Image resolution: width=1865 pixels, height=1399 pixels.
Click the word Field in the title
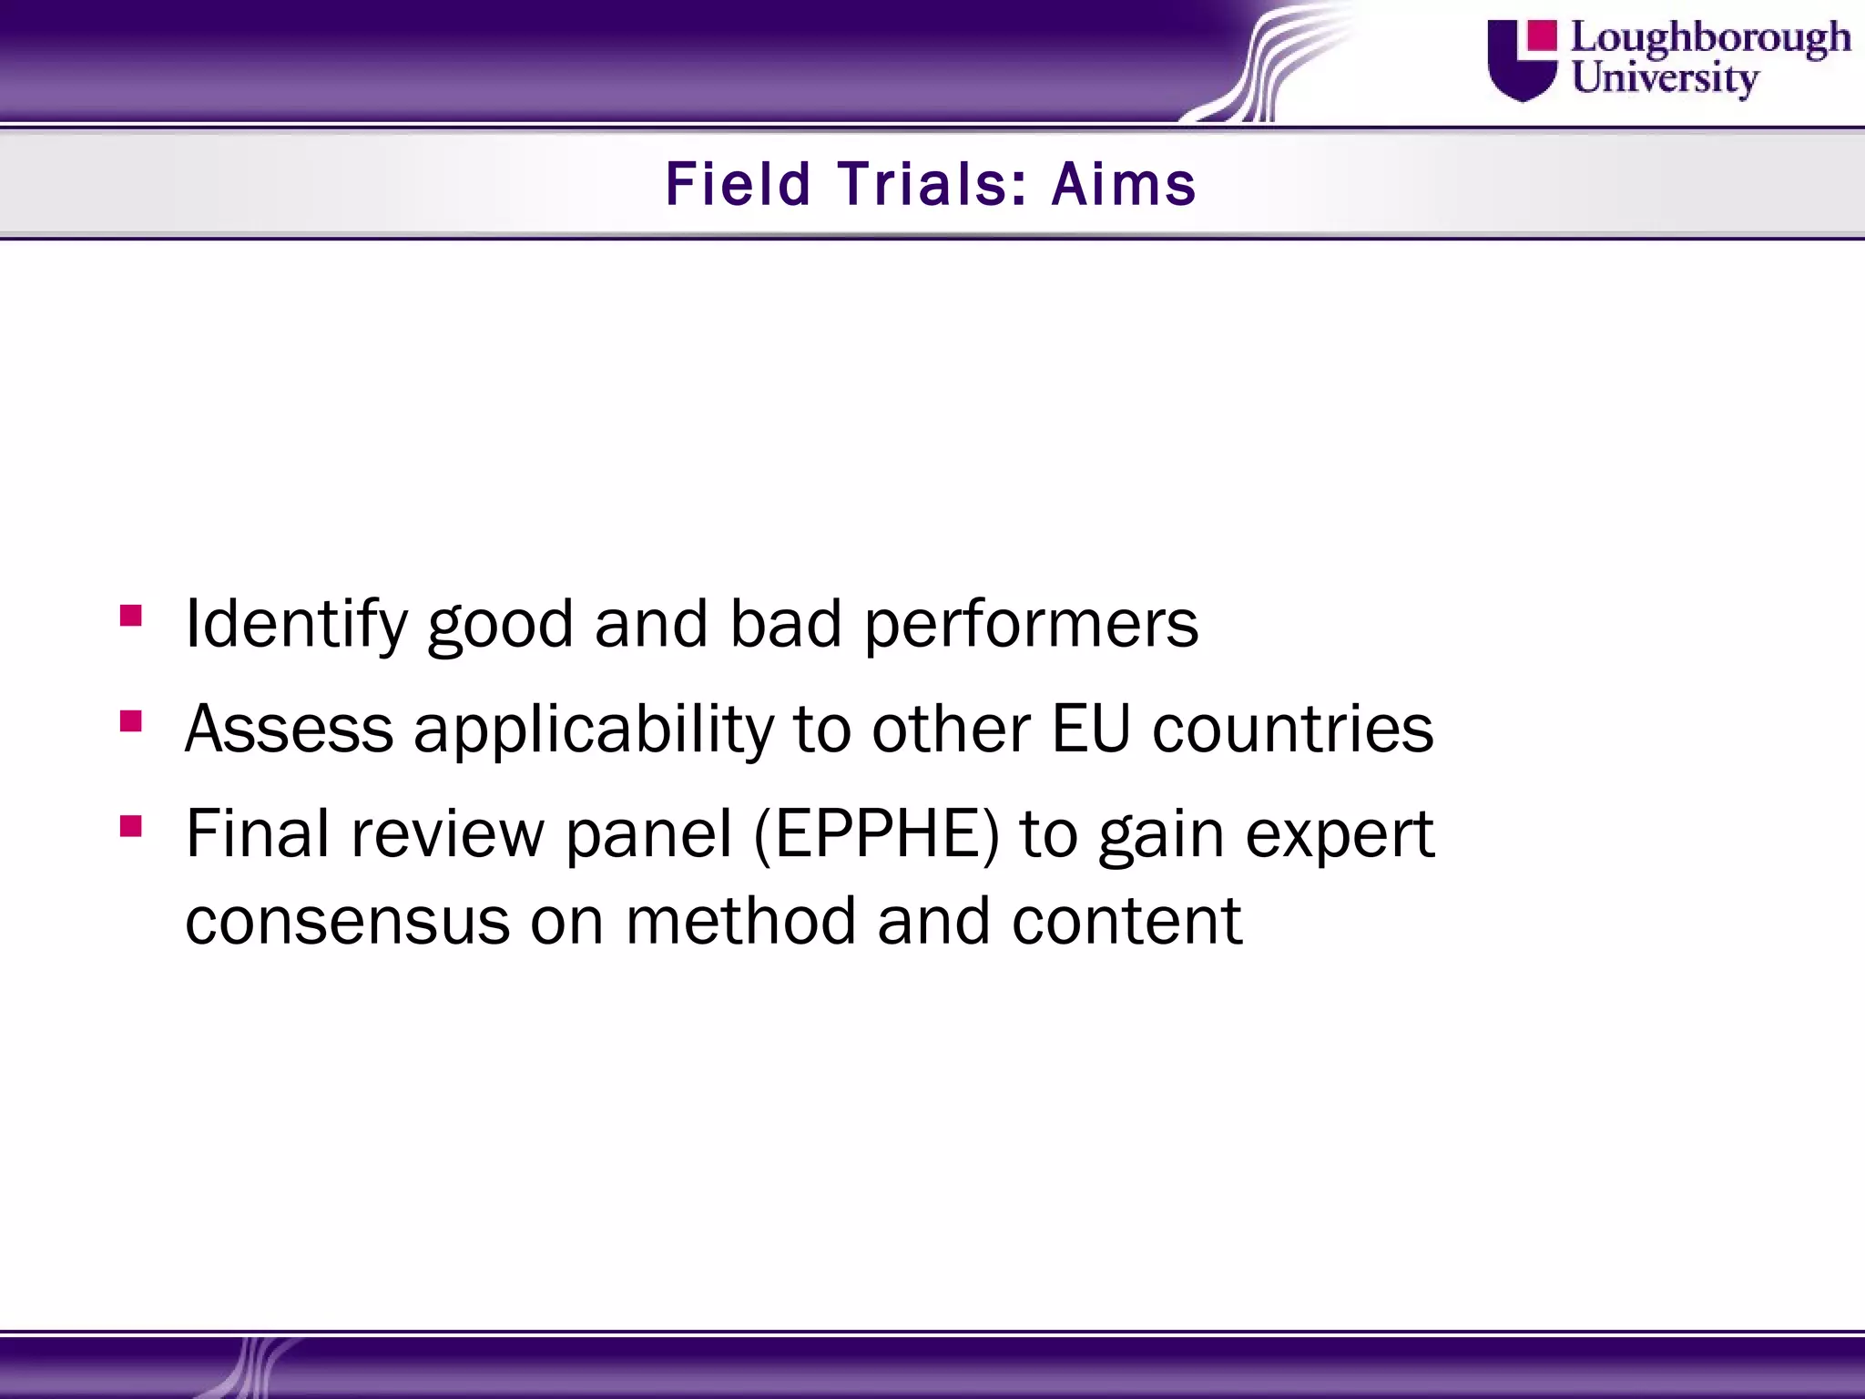738,184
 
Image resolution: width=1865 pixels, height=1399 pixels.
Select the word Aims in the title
1124,184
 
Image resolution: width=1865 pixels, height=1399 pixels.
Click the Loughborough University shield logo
1522,60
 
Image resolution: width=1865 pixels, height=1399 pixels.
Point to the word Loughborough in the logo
1711,39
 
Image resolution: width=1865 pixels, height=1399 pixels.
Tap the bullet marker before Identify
131,617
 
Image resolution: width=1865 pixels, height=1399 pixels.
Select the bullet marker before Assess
131,722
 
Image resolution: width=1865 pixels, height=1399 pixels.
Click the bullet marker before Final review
131,826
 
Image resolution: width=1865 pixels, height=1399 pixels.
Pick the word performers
1031,625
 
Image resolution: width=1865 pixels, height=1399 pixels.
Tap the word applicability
593,730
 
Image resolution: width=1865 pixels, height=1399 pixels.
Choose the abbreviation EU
1090,730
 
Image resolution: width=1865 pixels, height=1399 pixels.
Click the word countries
1293,730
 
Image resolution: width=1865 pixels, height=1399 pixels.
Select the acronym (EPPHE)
876,834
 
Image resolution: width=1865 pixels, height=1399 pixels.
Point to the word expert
1340,834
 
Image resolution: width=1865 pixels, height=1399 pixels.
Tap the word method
740,921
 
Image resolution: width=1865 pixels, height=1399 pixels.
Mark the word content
1126,921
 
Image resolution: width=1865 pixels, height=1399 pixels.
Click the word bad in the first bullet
786,625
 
